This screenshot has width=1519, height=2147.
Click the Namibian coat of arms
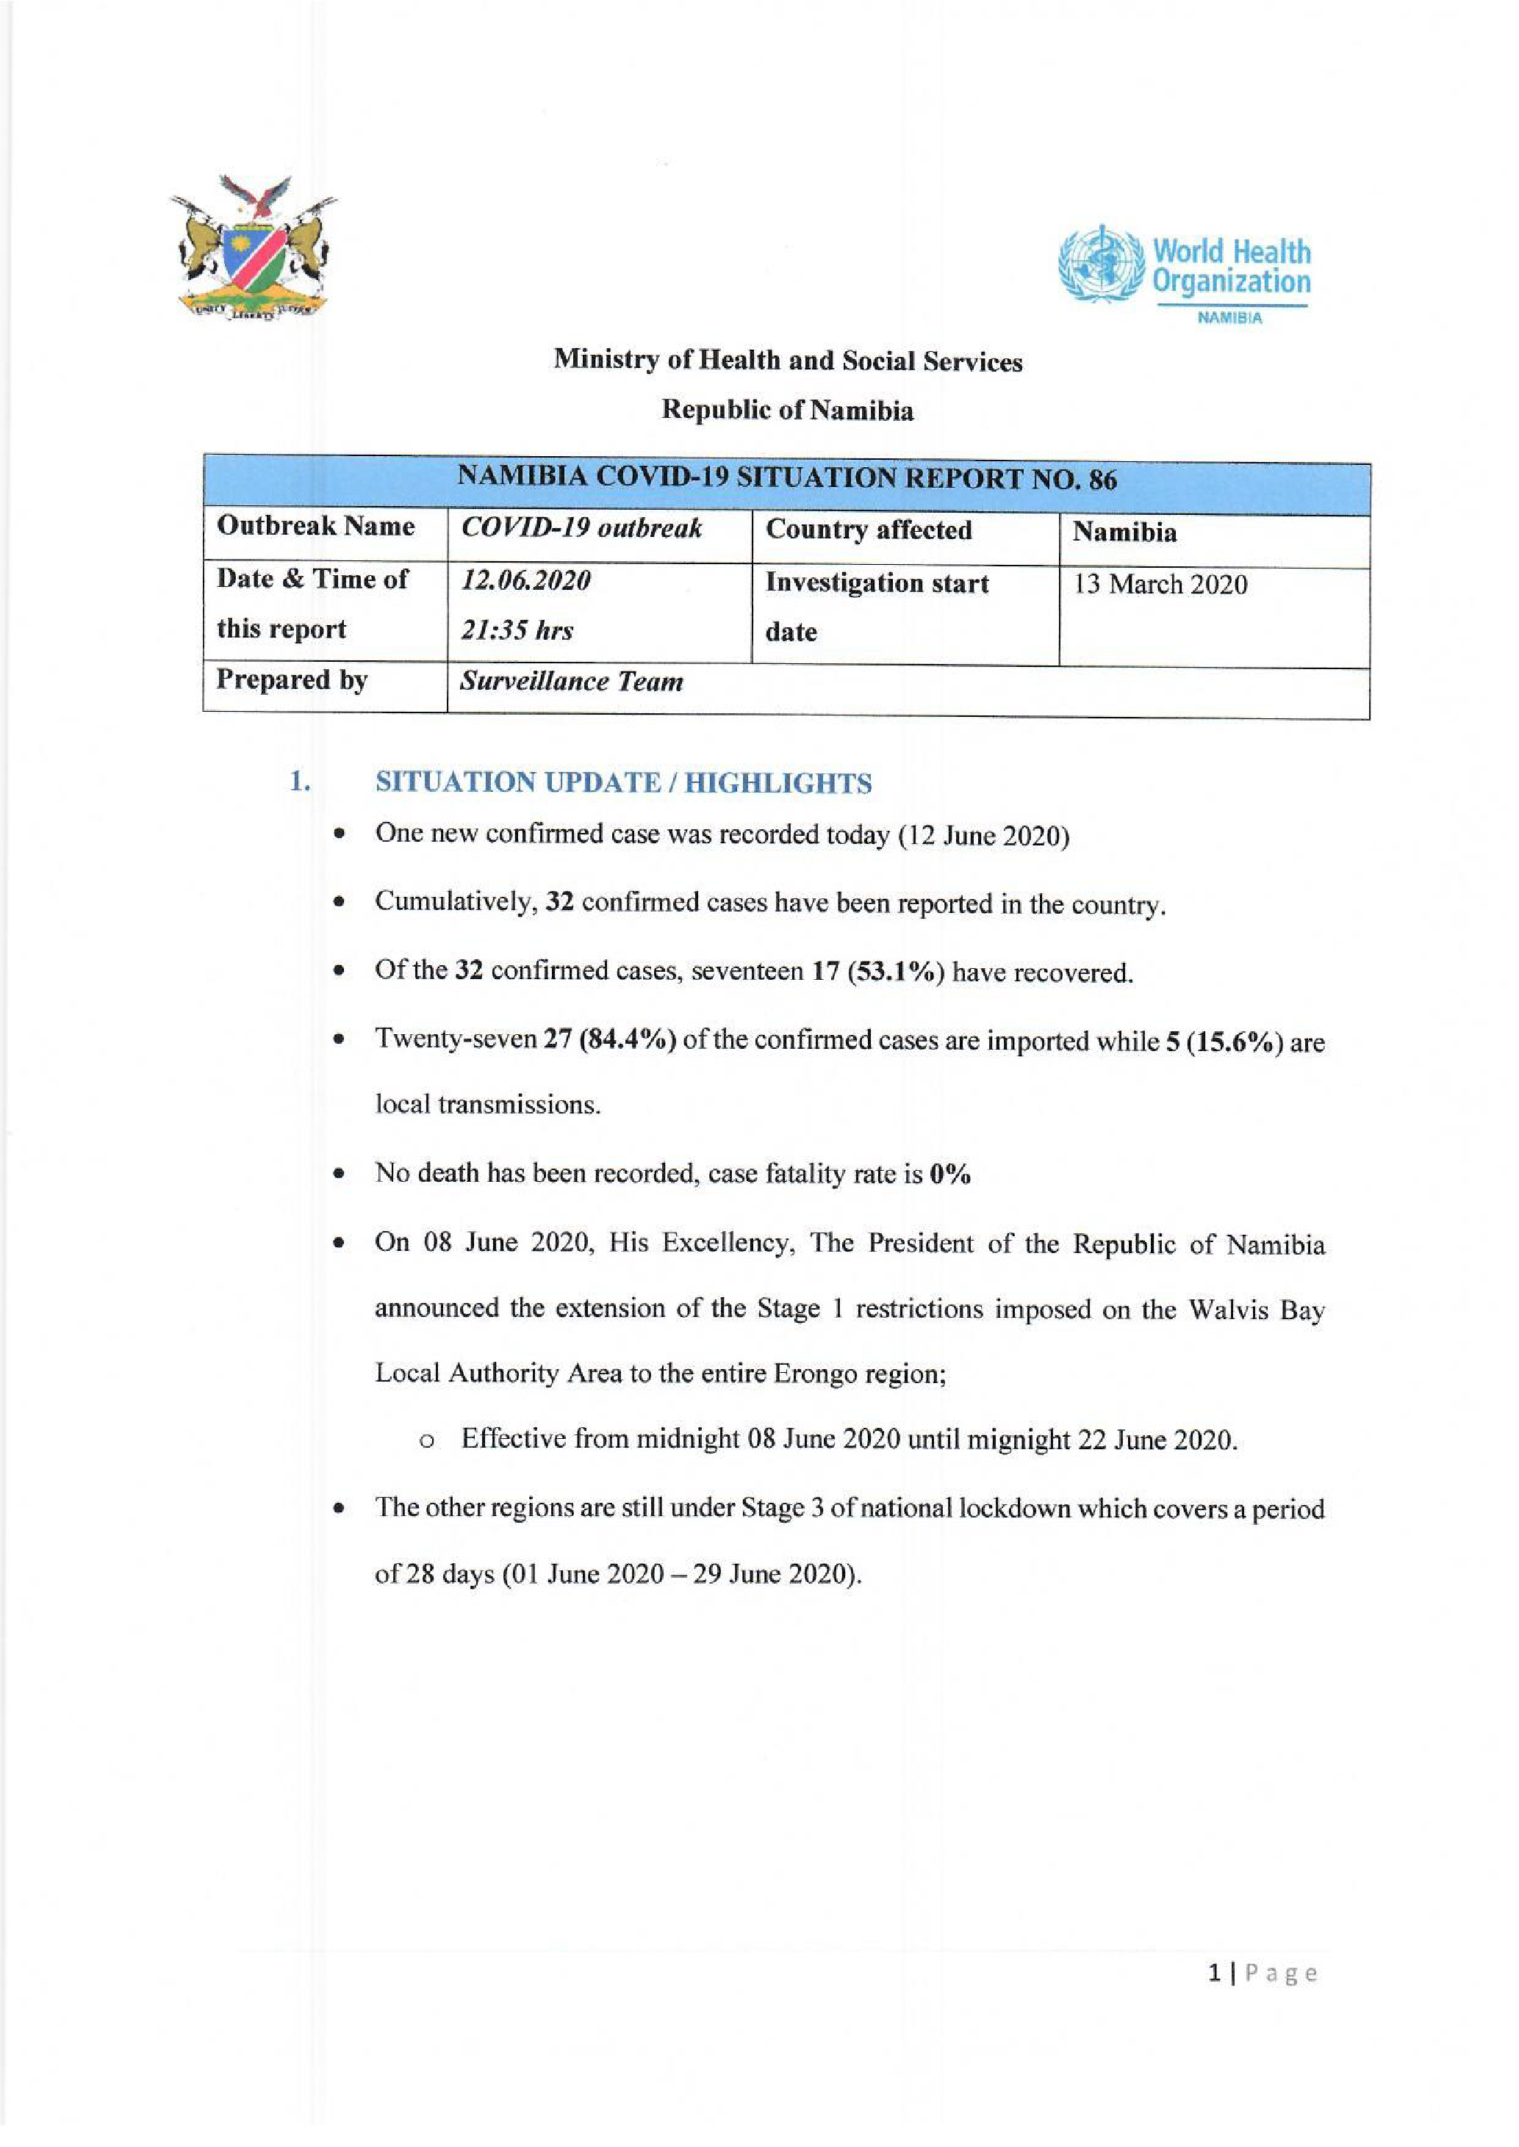[253, 250]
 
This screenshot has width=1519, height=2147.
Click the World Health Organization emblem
[1102, 264]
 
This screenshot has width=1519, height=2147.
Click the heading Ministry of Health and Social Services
[788, 361]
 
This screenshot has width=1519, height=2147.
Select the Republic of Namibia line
[788, 411]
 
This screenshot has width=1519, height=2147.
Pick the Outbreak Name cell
[315, 527]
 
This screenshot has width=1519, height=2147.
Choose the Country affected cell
[869, 530]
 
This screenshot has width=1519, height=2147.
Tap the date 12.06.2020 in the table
[525, 581]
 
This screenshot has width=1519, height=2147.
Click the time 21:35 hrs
[517, 631]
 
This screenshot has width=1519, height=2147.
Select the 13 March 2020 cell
[1160, 585]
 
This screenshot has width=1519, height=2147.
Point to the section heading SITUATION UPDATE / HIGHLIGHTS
[624, 783]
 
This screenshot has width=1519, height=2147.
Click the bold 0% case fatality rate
[950, 1174]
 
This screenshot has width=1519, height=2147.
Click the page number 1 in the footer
[1214, 1974]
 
